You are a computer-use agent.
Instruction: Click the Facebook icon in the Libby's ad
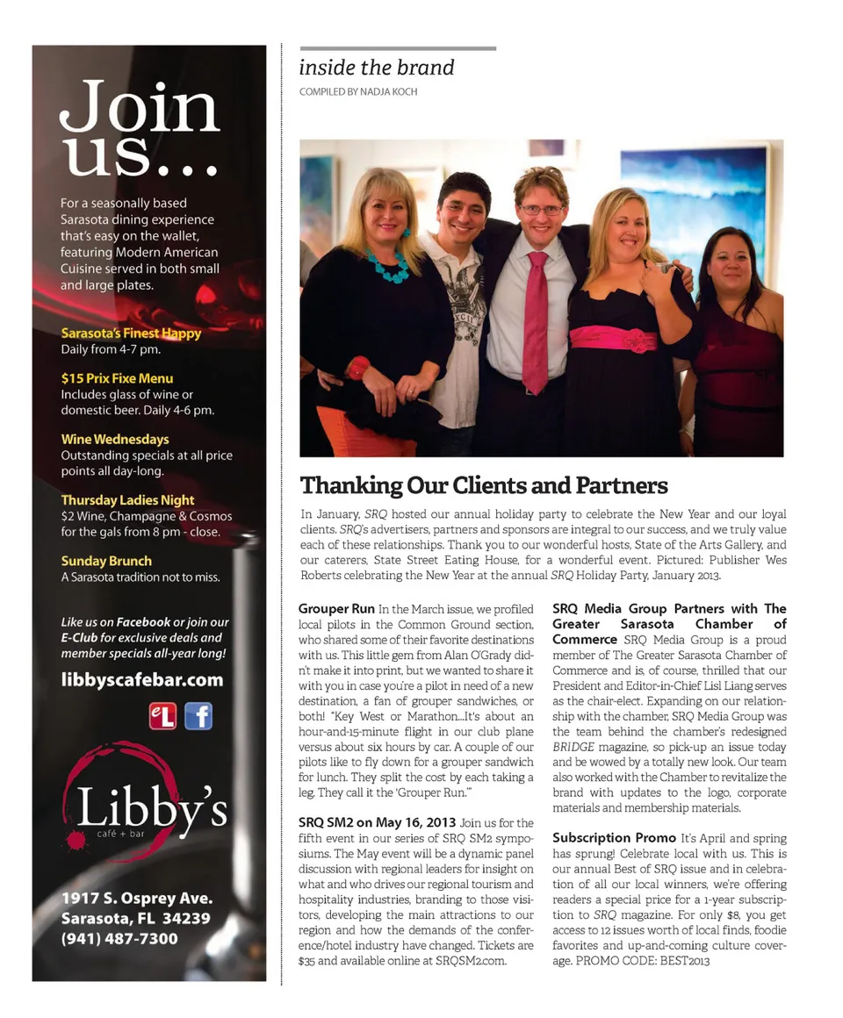pyautogui.click(x=198, y=716)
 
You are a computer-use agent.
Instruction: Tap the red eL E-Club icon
pyautogui.click(x=162, y=716)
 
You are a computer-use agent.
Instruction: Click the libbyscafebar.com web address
pyautogui.click(x=142, y=679)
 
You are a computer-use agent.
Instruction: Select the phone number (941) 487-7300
pyautogui.click(x=119, y=938)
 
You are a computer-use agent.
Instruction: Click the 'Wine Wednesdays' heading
pyautogui.click(x=114, y=439)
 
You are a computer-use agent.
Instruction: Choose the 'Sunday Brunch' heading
pyautogui.click(x=106, y=561)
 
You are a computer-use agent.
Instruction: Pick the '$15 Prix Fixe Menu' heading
pyautogui.click(x=117, y=378)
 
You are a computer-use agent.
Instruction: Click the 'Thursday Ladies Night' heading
pyautogui.click(x=127, y=500)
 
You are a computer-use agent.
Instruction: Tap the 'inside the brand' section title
pyautogui.click(x=376, y=68)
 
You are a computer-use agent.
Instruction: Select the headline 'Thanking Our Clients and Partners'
pyautogui.click(x=484, y=485)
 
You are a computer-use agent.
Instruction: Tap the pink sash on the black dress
pyautogui.click(x=612, y=338)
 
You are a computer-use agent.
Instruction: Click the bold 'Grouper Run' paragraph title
pyautogui.click(x=336, y=608)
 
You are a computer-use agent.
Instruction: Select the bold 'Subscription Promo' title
pyautogui.click(x=614, y=838)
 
